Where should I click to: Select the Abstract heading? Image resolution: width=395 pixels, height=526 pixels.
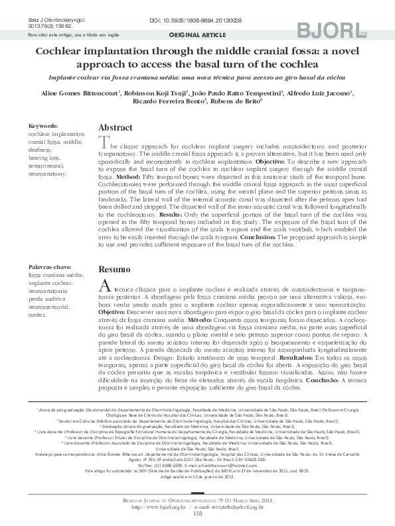tap(116, 127)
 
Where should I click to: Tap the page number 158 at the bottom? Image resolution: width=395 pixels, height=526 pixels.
tap(197, 513)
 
